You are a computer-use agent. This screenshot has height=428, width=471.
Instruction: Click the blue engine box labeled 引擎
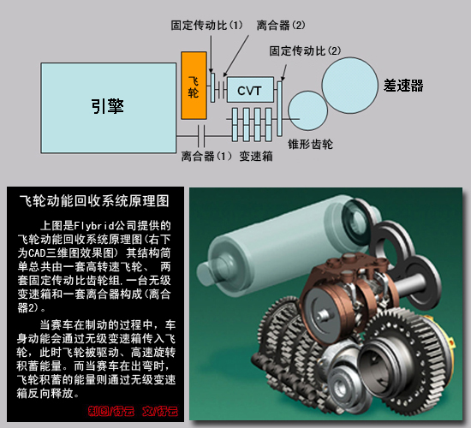click(x=108, y=105)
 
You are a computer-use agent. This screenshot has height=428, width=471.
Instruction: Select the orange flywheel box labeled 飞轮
click(x=194, y=86)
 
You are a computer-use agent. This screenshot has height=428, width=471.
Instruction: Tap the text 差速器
click(x=403, y=86)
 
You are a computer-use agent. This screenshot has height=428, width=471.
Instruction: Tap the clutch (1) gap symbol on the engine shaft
click(x=203, y=135)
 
